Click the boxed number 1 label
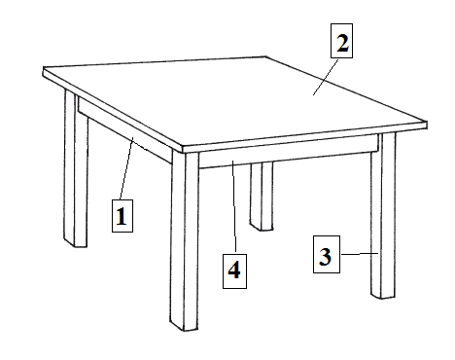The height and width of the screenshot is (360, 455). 122,216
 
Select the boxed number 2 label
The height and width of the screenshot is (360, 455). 341,41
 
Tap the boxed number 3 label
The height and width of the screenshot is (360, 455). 327,254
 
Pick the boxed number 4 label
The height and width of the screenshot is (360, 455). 234,271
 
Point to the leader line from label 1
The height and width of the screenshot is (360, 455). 126,168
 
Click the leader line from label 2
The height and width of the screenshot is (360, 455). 326,77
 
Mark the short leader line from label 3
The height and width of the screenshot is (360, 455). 360,254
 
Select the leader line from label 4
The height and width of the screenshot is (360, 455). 234,207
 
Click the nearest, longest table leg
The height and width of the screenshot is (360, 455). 185,240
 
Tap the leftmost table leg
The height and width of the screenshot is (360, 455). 76,168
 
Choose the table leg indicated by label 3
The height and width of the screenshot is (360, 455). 383,216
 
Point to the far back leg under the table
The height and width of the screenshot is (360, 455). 262,197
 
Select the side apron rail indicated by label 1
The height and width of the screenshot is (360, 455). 124,129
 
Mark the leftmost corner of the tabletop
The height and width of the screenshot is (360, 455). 43,71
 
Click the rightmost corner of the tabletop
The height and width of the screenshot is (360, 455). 427,125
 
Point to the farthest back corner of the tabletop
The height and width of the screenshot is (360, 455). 266,56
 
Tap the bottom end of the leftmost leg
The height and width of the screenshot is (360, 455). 76,244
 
